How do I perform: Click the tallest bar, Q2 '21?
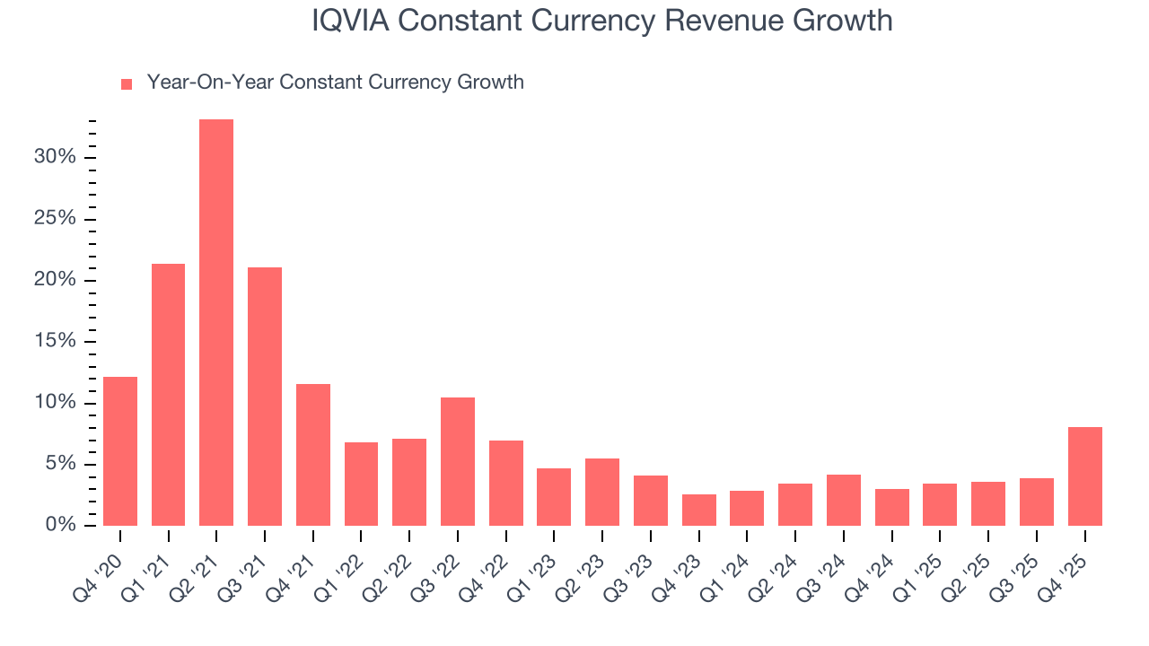[216, 322]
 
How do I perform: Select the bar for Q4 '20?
[120, 450]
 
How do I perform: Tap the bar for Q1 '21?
[169, 394]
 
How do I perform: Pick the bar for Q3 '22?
[458, 461]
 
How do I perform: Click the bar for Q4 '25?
[1084, 476]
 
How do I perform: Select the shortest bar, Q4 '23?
[699, 510]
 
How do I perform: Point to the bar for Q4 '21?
[313, 454]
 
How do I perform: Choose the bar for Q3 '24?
[844, 500]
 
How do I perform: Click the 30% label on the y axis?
[55, 158]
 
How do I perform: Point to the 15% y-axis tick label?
[55, 342]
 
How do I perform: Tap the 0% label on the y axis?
[59, 525]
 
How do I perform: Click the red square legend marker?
[127, 83]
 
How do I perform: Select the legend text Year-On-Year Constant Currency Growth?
[335, 83]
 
